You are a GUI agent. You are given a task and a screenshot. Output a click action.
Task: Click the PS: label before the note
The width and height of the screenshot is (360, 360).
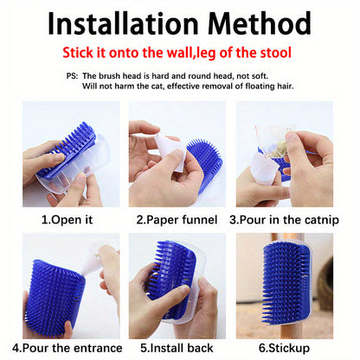pyautogui.click(x=72, y=75)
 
